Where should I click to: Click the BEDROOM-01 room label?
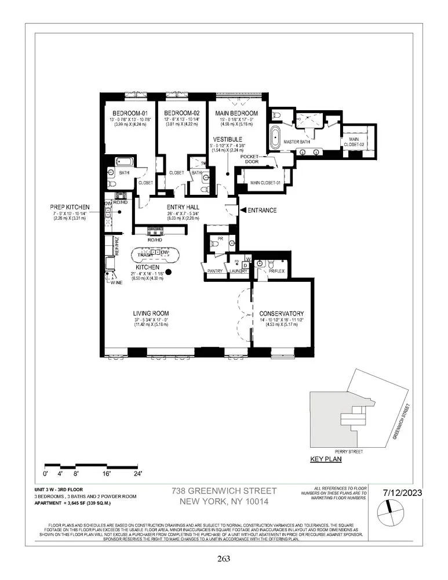click(128, 113)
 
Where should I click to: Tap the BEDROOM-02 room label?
click(182, 113)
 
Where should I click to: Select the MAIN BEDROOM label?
click(236, 113)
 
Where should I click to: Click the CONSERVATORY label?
click(282, 313)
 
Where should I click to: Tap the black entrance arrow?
click(243, 210)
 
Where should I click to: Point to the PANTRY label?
click(214, 270)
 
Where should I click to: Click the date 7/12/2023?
click(402, 492)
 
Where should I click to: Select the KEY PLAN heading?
click(326, 459)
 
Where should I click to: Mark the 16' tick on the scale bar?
click(107, 473)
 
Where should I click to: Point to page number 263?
click(224, 559)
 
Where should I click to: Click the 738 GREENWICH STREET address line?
click(224, 491)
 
